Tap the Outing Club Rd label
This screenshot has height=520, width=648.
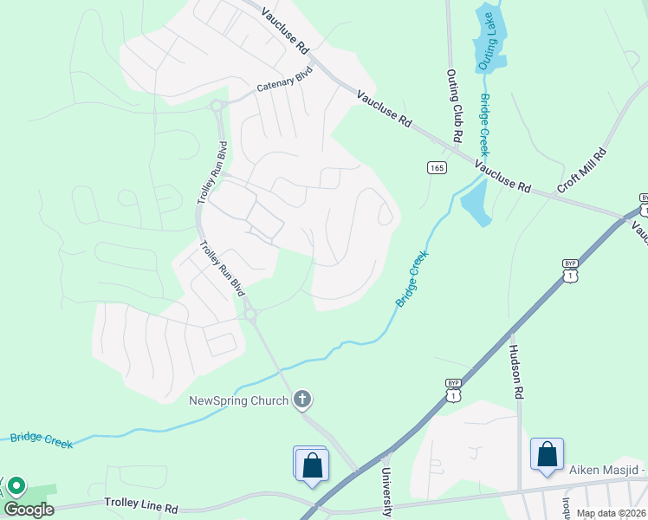(x=451, y=107)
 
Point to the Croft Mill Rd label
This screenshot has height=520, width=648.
(x=582, y=169)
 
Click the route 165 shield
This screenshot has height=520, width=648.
(x=437, y=167)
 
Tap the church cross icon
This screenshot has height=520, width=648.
(x=301, y=400)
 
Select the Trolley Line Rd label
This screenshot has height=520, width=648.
(x=141, y=503)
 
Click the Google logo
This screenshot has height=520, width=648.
(x=29, y=510)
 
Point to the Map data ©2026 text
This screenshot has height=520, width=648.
(x=611, y=513)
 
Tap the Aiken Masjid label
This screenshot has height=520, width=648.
(x=607, y=470)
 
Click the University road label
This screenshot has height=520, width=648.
(x=387, y=491)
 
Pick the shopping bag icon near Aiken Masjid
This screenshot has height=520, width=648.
(x=548, y=454)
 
